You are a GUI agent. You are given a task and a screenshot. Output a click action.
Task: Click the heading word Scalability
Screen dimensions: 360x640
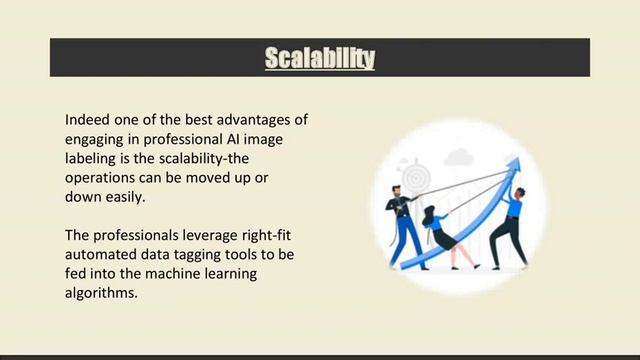tap(320, 58)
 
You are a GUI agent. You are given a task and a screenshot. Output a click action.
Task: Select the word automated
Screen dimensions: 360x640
tap(102, 256)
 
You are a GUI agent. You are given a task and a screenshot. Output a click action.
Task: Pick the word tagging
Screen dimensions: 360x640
tap(206, 256)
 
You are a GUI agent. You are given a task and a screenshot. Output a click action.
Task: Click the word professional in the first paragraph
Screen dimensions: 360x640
tap(178, 139)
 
